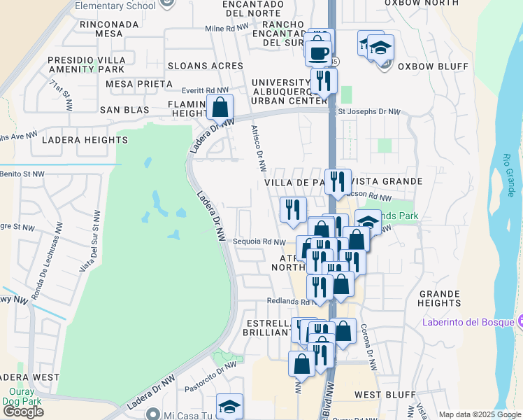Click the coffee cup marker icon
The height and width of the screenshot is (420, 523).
pyautogui.click(x=318, y=52)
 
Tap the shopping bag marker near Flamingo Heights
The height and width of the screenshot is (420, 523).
pyautogui.click(x=220, y=108)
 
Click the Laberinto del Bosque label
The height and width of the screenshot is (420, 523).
pyautogui.click(x=468, y=322)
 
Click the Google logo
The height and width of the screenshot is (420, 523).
pyautogui.click(x=23, y=411)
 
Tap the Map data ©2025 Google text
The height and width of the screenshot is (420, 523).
pyautogui.click(x=480, y=414)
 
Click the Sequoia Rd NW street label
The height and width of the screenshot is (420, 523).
pyautogui.click(x=261, y=241)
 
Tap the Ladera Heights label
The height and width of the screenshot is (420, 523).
pyautogui.click(x=75, y=140)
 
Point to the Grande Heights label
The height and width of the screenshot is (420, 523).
pyautogui.click(x=439, y=298)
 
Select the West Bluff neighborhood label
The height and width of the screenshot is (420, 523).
pyautogui.click(x=377, y=395)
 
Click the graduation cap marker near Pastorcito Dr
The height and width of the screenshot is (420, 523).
pyautogui.click(x=229, y=406)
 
